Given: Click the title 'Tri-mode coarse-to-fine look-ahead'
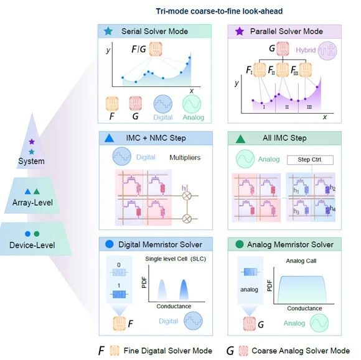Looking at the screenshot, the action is (219, 11).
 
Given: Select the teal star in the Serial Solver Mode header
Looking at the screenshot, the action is (108, 31).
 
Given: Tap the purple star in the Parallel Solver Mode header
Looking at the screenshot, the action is (240, 31).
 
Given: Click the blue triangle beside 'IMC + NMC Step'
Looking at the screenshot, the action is (109, 138).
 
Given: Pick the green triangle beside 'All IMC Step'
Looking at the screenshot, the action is (241, 139).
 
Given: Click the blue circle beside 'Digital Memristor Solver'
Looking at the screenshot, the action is (110, 244).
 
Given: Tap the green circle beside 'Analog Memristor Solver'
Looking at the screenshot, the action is (240, 244).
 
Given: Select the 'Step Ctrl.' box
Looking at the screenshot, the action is (310, 160).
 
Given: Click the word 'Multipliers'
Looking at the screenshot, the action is (185, 157).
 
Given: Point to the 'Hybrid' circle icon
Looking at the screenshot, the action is (327, 50).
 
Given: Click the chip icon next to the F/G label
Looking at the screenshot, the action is (156, 48).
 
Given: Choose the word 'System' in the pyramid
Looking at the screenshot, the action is (31, 161).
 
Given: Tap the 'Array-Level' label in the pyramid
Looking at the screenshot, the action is (32, 203).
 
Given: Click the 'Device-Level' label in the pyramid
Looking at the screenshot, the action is (32, 245).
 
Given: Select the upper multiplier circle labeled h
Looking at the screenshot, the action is (187, 196).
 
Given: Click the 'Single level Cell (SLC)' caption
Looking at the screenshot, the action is (176, 259).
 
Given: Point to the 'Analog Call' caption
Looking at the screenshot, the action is (301, 261).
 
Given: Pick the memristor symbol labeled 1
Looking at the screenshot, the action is (119, 294).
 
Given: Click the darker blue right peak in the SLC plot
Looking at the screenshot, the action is (184, 290).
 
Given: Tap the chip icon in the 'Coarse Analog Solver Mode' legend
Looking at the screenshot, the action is (243, 351).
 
